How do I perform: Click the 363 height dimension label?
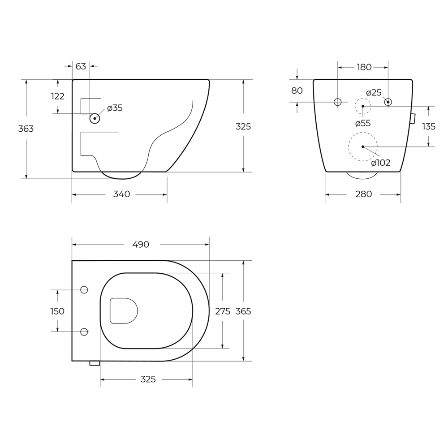tap(26, 129)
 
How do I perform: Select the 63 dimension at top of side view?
tap(81, 66)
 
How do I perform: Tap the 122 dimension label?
tap(58, 96)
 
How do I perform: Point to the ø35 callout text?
tap(115, 108)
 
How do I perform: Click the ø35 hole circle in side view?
tap(95, 118)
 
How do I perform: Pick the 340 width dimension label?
tap(122, 194)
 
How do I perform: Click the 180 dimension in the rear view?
tap(364, 67)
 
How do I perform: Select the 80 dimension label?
tap(297, 90)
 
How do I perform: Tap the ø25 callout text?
tap(374, 93)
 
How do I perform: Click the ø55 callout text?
tap(363, 124)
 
